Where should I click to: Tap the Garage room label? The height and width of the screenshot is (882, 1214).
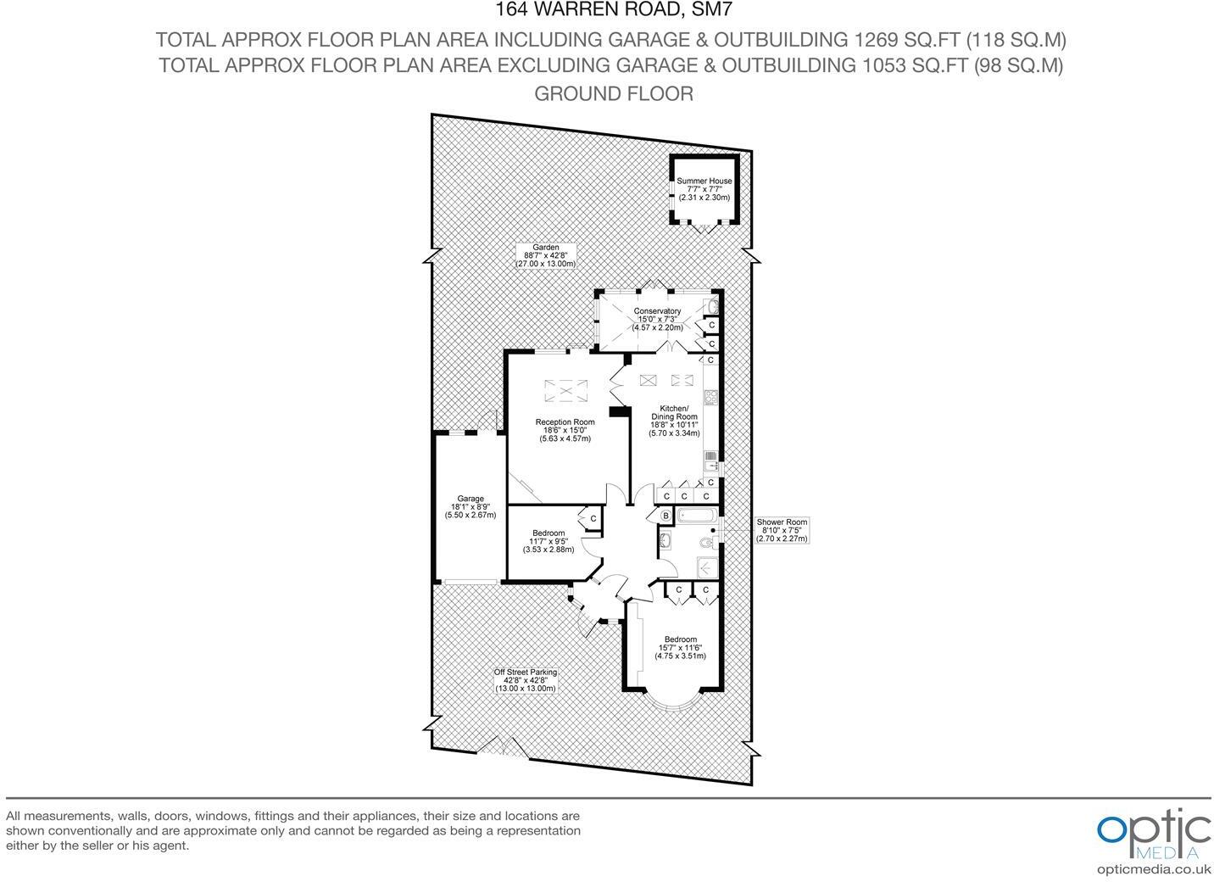471,506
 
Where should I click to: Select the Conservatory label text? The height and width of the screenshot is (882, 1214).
657,319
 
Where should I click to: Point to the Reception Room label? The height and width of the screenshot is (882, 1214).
565,430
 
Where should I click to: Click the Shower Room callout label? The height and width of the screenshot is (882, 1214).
782,530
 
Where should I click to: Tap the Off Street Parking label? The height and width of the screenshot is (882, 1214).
526,680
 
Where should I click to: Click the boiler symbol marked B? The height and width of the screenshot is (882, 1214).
665,516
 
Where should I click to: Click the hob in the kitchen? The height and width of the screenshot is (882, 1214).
710,397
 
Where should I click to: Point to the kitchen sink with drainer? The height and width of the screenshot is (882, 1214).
710,460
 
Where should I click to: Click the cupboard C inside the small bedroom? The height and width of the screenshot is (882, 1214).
593,518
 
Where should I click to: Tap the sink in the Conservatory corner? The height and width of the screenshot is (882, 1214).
713,306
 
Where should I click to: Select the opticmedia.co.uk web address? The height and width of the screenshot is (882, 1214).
1153,868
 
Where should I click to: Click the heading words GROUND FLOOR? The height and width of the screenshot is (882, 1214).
613,93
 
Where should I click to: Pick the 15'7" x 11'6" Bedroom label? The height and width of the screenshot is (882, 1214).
681,648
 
